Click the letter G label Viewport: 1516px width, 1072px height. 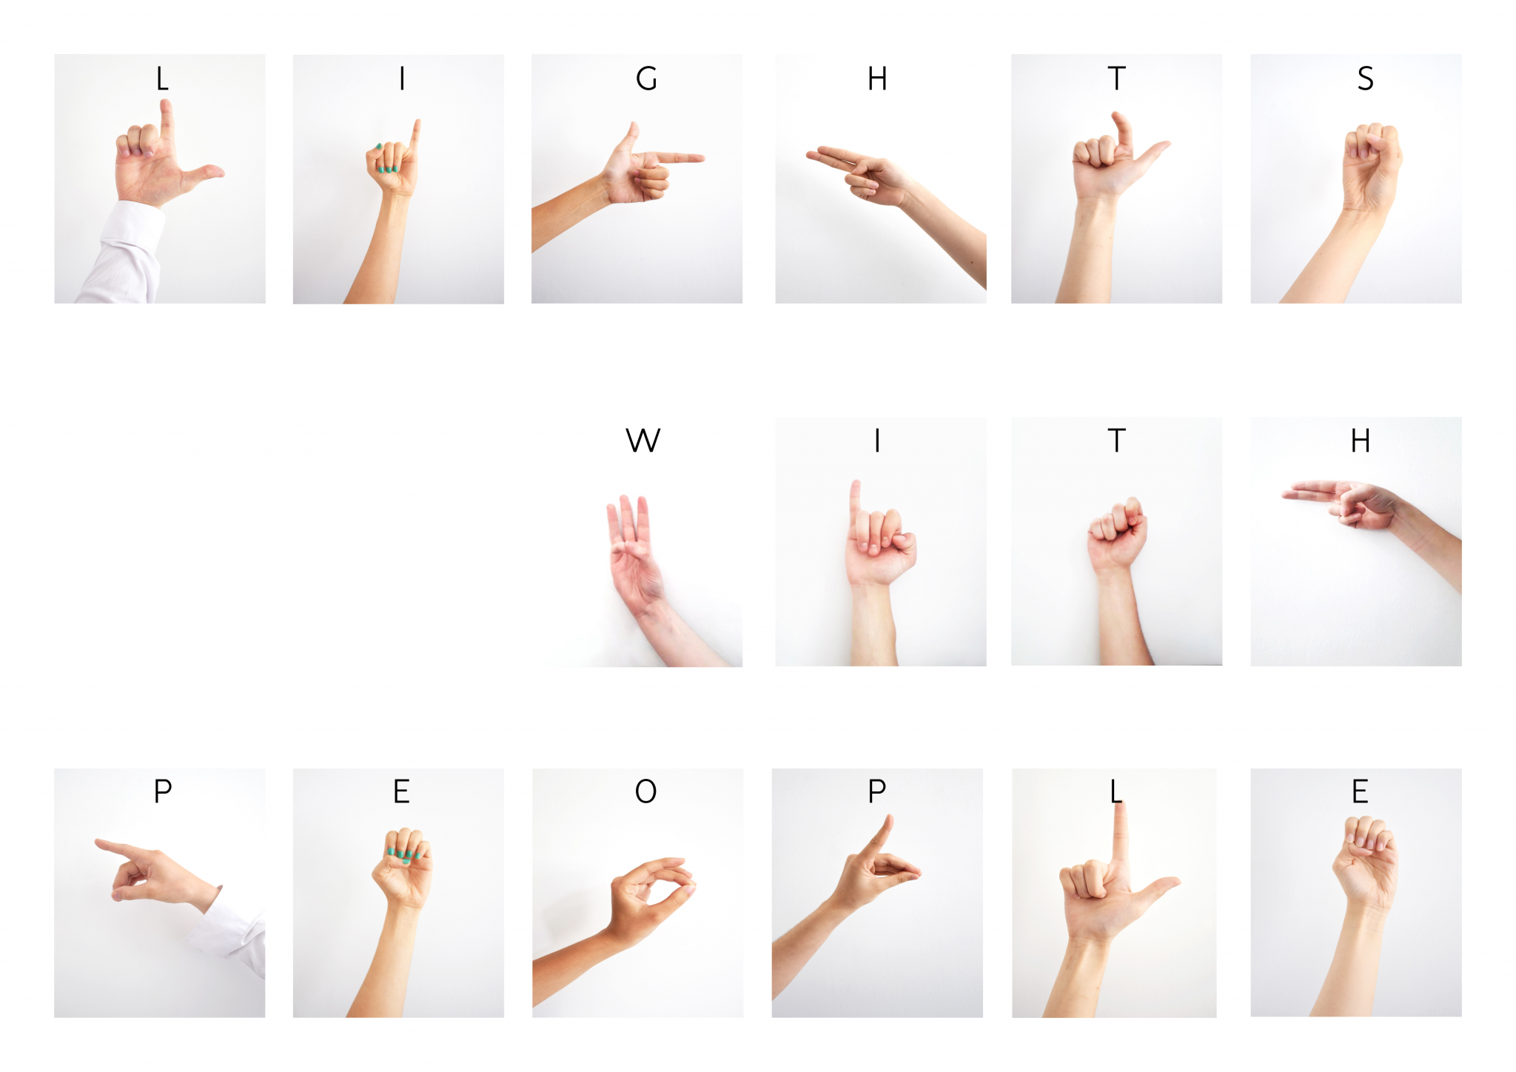[x=645, y=78]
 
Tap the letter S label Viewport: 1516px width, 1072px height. [x=1365, y=78]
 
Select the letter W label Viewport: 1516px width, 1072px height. [x=643, y=440]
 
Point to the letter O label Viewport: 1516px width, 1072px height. [x=645, y=791]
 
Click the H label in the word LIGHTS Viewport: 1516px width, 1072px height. [x=877, y=78]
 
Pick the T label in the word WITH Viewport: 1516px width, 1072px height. [x=1116, y=440]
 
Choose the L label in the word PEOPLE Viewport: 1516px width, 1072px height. [x=1116, y=791]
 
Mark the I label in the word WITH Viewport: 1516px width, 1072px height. [x=877, y=440]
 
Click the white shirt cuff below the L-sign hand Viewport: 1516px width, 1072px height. [x=126, y=252]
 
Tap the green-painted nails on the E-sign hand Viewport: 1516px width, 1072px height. [x=403, y=854]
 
